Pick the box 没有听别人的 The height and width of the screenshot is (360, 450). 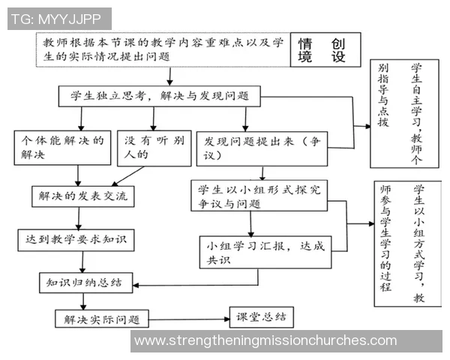tap(154, 148)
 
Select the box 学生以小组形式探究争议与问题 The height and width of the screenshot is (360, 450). tap(258, 196)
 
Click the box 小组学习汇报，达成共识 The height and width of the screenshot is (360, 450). tap(262, 251)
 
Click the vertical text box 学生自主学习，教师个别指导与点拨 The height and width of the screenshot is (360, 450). tap(404, 105)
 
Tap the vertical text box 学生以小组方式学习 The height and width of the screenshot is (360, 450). tap(406, 241)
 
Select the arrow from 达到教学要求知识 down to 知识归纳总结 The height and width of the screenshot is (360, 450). tap(80, 262)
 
